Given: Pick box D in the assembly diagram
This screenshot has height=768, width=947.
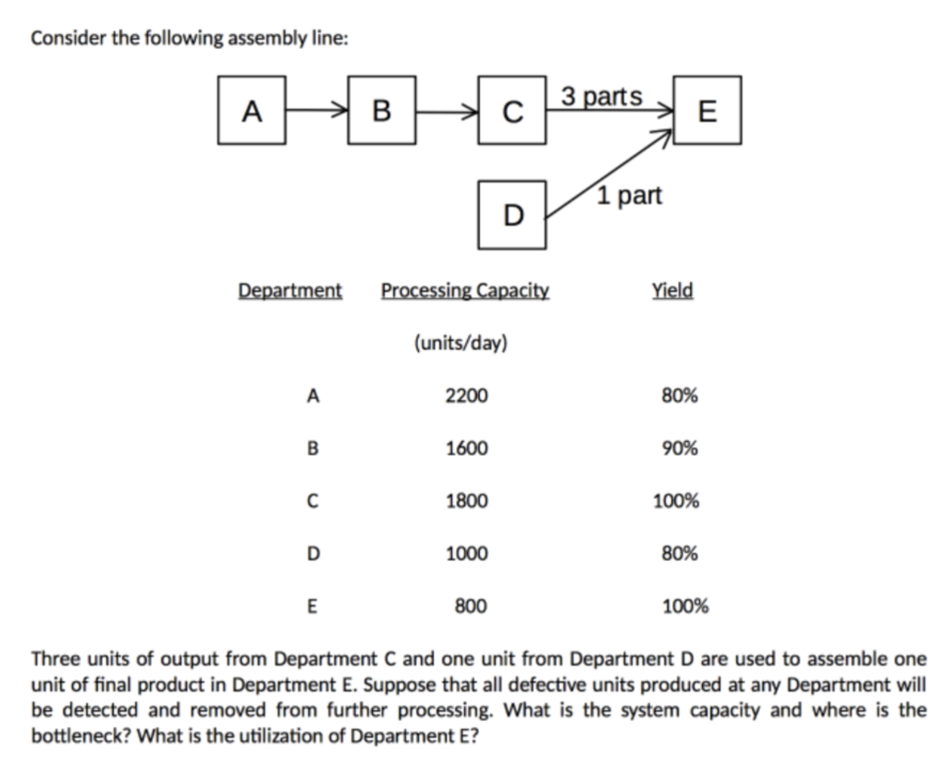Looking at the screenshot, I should [511, 215].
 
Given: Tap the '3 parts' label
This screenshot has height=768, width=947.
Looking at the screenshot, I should [601, 96].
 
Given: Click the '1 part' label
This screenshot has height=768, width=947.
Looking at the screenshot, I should [630, 196].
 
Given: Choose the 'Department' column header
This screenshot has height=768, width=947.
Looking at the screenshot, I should [290, 290].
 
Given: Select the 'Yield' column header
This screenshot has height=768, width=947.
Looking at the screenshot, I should [672, 290].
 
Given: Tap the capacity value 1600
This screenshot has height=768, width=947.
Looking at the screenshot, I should [465, 448].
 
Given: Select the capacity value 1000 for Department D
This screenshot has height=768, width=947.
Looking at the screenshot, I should [465, 555].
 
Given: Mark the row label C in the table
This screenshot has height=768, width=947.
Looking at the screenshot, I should [313, 502].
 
